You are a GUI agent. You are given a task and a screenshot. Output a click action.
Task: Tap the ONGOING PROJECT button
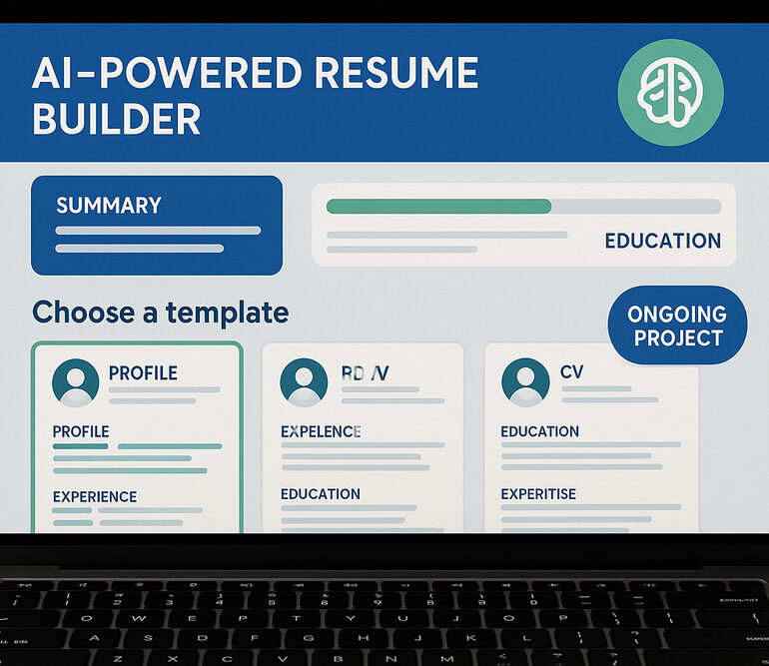(x=678, y=326)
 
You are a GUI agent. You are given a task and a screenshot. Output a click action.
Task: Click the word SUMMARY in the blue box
(x=108, y=206)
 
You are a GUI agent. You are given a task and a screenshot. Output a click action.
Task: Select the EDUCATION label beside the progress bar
(x=662, y=241)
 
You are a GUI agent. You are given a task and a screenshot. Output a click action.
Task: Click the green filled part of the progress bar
(x=438, y=207)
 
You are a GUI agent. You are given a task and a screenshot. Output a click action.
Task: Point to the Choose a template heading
(x=160, y=313)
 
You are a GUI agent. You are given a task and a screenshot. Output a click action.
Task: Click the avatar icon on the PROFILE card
(x=75, y=381)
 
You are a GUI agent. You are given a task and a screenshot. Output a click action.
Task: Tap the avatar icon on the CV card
(x=525, y=381)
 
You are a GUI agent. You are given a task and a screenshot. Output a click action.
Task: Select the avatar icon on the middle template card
(x=304, y=381)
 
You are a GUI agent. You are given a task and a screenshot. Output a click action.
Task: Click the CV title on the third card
(x=571, y=372)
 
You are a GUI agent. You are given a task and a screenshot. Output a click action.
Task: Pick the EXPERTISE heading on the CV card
(x=538, y=494)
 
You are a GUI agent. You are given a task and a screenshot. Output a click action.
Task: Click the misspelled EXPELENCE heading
(x=321, y=431)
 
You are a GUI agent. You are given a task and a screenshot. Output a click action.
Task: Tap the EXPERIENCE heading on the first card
(x=95, y=496)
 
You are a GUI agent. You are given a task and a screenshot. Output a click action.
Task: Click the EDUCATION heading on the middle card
(x=321, y=494)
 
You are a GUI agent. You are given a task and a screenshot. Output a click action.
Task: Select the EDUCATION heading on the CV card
(x=539, y=431)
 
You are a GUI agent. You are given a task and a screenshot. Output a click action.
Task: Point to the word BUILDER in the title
(x=116, y=119)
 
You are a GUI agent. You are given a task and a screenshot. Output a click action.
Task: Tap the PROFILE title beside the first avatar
(x=143, y=373)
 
